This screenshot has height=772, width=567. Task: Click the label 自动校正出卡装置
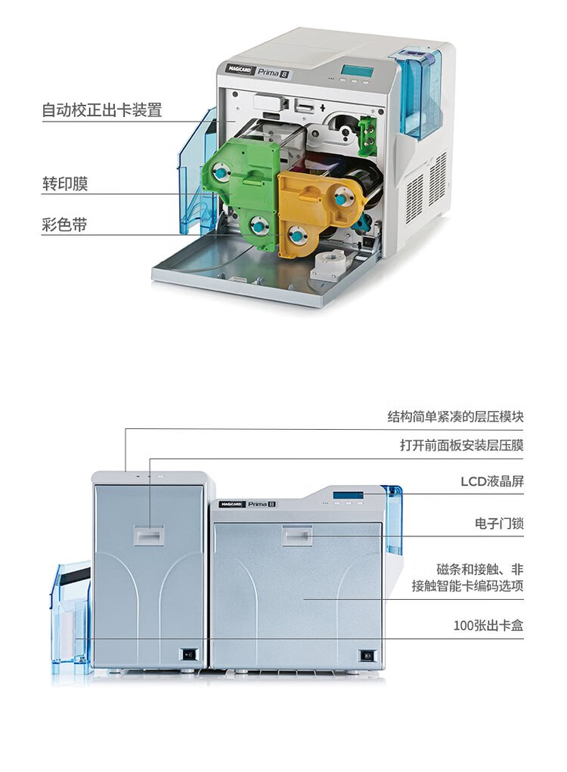pos(101,110)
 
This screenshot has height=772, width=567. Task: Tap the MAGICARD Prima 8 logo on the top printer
pos(257,71)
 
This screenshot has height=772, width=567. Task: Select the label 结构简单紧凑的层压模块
pos(455,417)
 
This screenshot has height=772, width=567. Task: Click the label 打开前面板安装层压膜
pos(461,446)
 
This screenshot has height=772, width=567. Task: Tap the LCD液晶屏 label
pos(492,481)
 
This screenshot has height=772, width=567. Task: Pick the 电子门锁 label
pos(499,523)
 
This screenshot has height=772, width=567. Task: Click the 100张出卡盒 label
pos(488,625)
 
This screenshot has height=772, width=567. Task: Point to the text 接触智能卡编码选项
pos(467,585)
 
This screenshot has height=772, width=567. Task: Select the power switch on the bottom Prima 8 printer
pos(368,655)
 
